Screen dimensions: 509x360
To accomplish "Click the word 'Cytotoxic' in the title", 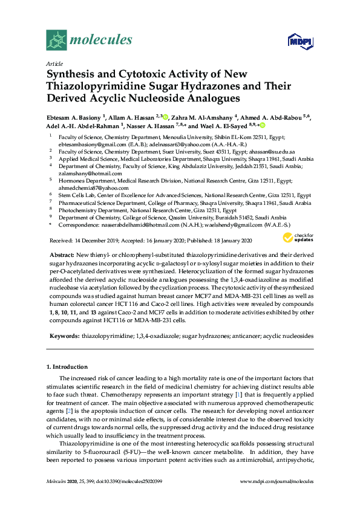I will (x=141, y=74).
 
